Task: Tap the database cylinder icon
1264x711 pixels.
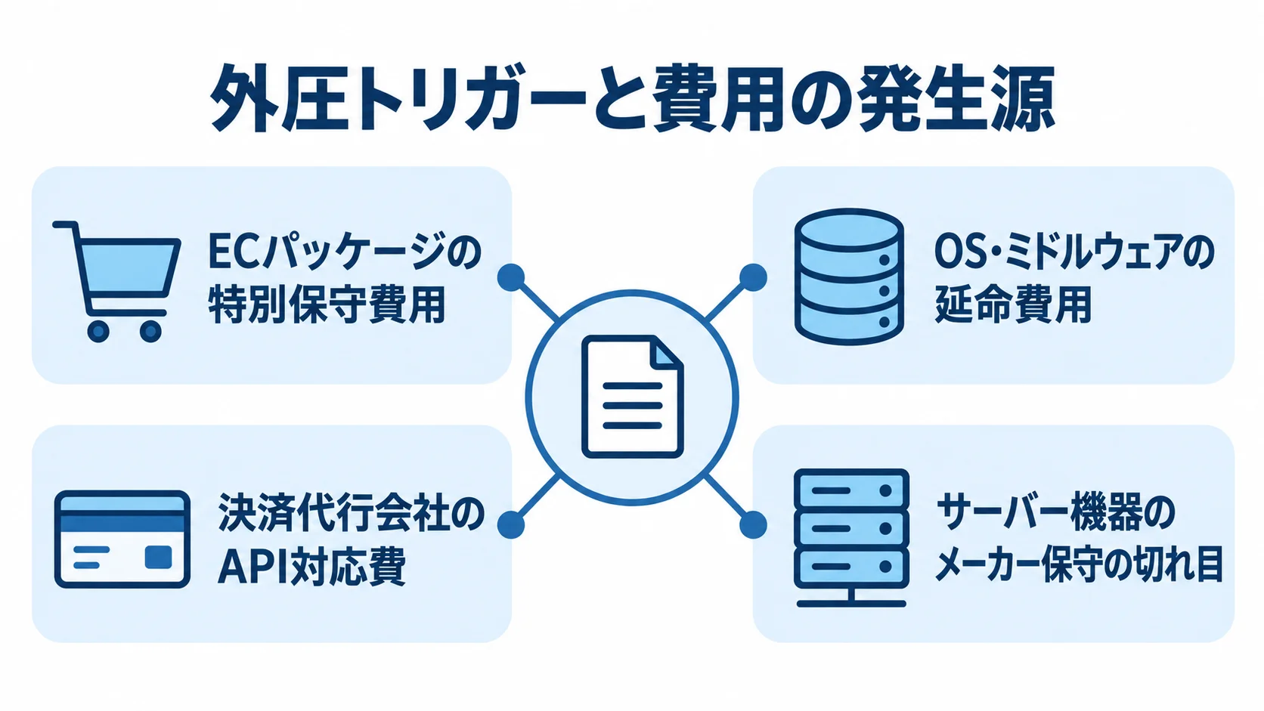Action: click(x=849, y=277)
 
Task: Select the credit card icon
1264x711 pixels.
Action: click(x=122, y=539)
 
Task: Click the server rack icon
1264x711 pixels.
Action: click(x=851, y=538)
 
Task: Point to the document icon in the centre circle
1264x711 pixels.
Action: click(x=632, y=397)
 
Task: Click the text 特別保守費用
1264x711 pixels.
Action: click(x=327, y=304)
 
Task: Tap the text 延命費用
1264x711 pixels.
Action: click(x=1013, y=304)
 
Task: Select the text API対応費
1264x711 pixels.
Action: click(x=312, y=565)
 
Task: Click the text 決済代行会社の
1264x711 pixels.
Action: click(x=351, y=513)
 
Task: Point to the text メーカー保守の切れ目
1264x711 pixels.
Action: click(x=1079, y=564)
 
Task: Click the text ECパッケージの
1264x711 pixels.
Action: click(x=345, y=252)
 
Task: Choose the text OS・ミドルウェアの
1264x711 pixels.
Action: click(x=1074, y=252)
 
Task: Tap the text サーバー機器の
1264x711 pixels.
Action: click(x=1056, y=513)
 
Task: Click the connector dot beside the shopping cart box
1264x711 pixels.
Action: click(x=511, y=277)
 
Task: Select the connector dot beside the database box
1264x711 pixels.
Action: click(x=753, y=277)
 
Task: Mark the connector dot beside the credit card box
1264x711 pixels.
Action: click(x=511, y=525)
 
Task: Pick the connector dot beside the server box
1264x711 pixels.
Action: click(x=753, y=525)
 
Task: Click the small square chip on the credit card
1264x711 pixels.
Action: click(x=159, y=557)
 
